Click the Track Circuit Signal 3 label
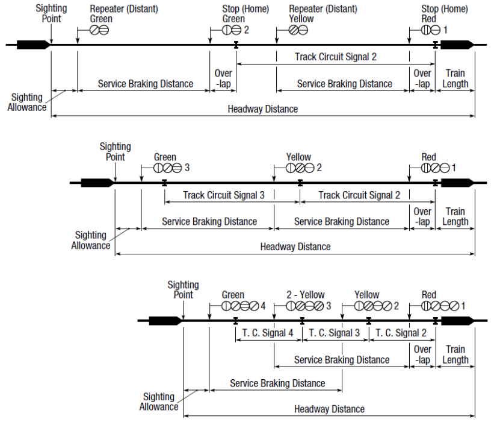pos(223,195)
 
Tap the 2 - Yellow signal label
pos(305,295)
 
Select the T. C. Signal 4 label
pos(268,333)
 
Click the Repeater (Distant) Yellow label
pos(323,14)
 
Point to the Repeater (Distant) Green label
pos(123,14)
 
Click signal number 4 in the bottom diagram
pos(262,306)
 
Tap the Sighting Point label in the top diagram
pos(51,14)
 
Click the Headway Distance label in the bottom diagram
pos(329,409)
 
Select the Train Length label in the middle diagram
pos(455,216)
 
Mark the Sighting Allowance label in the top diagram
pos(27,102)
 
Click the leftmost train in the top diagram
pos(33,44)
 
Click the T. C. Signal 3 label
pos(335,333)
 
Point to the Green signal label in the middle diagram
pos(165,157)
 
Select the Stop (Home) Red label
pos(437,14)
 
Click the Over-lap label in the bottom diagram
pos(422,354)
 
